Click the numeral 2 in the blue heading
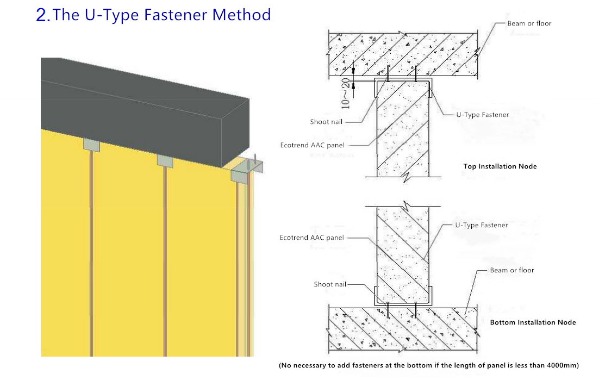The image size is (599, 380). point(42,16)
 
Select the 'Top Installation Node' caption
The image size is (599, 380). point(500,166)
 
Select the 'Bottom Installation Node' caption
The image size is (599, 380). point(533,322)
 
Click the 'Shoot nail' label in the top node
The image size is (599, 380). point(327,122)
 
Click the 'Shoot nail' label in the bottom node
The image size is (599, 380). point(330,284)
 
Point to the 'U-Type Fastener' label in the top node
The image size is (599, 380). point(482,115)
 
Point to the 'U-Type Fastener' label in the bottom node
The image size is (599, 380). point(481,225)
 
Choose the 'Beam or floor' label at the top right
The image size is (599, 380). point(529,23)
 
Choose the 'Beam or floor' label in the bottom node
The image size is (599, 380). point(511,270)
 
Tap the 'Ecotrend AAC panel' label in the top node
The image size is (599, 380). point(312,145)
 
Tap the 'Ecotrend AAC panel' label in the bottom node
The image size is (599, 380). point(311,238)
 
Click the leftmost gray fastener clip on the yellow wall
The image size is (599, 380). point(92,145)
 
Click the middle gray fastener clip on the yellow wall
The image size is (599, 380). point(165,160)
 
